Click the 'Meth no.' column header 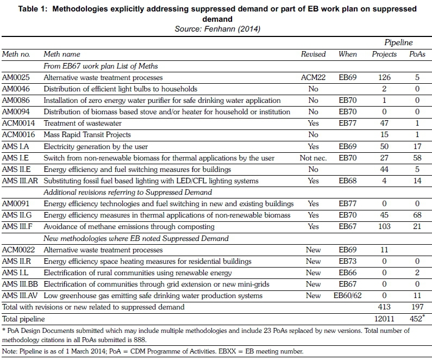(16, 54)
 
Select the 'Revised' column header (313, 54)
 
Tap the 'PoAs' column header (417, 54)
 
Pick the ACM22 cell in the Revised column (313, 77)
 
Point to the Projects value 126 (384, 77)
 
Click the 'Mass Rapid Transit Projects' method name (87, 134)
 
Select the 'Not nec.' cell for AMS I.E (313, 158)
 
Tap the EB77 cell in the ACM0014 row (348, 123)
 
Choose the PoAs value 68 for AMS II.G (417, 215)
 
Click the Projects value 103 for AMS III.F (384, 226)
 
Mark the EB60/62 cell (348, 295)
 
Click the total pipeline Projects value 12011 (384, 319)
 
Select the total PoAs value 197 (417, 307)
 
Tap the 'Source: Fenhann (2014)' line (216, 28)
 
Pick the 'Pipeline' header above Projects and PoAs (398, 42)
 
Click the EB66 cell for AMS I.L (348, 272)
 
